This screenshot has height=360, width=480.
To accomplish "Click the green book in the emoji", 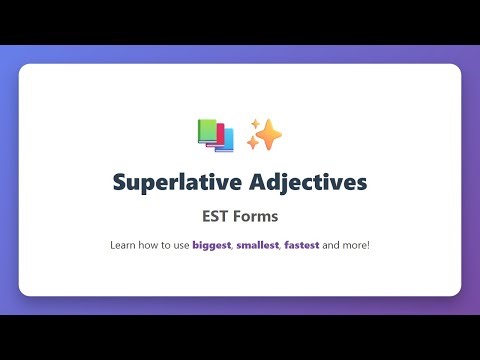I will click(206, 129).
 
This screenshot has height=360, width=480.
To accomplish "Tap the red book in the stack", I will click(215, 136).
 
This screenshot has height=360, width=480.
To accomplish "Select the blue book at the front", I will click(225, 140).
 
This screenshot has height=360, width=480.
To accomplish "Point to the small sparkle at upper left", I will click(253, 123).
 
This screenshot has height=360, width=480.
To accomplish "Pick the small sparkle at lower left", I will click(251, 145).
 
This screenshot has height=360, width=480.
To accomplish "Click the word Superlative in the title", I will click(172, 183).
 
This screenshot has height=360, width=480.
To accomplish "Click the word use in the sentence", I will click(180, 244).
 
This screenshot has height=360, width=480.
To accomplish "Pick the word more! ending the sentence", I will click(359, 244).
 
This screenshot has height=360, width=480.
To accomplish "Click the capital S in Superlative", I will click(119, 183).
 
